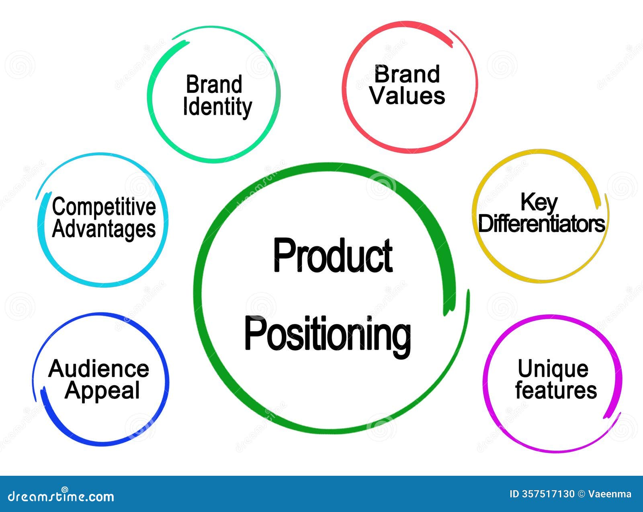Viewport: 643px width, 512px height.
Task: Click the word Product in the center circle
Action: pos(333,255)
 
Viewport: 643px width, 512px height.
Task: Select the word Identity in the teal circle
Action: pos(217,107)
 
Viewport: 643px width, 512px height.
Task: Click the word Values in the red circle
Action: pos(408,96)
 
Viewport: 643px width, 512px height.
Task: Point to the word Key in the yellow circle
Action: pos(539,202)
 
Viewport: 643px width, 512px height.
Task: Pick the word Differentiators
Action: pos(541,224)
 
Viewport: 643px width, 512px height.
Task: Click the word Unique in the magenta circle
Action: pos(553,369)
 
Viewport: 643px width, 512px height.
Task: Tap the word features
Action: pos(556,390)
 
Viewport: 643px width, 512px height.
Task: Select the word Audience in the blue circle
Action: pos(99,369)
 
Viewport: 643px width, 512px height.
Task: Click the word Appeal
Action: pos(102,390)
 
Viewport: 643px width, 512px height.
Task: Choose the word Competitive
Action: pos(104,207)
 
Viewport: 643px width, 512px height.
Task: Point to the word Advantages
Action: pos(104,229)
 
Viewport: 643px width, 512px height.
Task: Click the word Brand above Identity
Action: pos(214,85)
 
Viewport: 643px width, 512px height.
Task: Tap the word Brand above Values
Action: pos(407,74)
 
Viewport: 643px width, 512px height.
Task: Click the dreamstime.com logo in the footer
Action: pos(61,496)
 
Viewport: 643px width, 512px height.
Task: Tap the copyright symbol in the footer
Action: pos(581,494)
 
